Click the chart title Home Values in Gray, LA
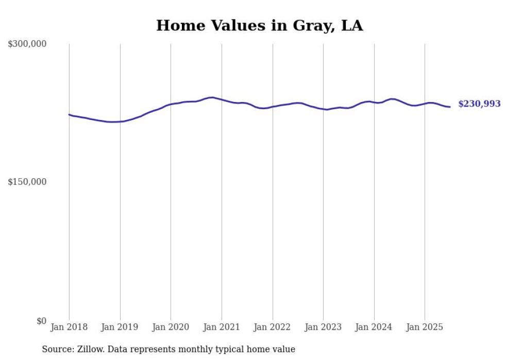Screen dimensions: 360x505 pyautogui.click(x=259, y=25)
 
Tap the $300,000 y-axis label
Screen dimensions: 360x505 pyautogui.click(x=27, y=44)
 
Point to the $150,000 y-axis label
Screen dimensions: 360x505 pyautogui.click(x=27, y=182)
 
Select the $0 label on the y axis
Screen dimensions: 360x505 pyautogui.click(x=41, y=321)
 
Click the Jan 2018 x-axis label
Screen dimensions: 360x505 pyautogui.click(x=69, y=327)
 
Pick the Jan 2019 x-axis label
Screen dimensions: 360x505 pyautogui.click(x=120, y=327)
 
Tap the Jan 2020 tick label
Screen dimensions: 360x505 pyautogui.click(x=171, y=327)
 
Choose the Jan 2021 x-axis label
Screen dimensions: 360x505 pyautogui.click(x=222, y=327)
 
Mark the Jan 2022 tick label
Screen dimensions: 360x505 pyautogui.click(x=273, y=327)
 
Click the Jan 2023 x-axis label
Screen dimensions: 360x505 pyautogui.click(x=323, y=327)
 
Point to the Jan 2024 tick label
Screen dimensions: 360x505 pyautogui.click(x=374, y=327)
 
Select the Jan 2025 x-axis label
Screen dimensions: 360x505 pyautogui.click(x=425, y=327)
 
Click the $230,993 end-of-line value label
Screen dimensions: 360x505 pyautogui.click(x=479, y=104)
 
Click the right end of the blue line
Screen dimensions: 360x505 pyautogui.click(x=450, y=107)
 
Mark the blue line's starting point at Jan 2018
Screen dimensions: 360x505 pyautogui.click(x=70, y=114)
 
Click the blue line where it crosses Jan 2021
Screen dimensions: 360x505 pyautogui.click(x=222, y=99)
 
